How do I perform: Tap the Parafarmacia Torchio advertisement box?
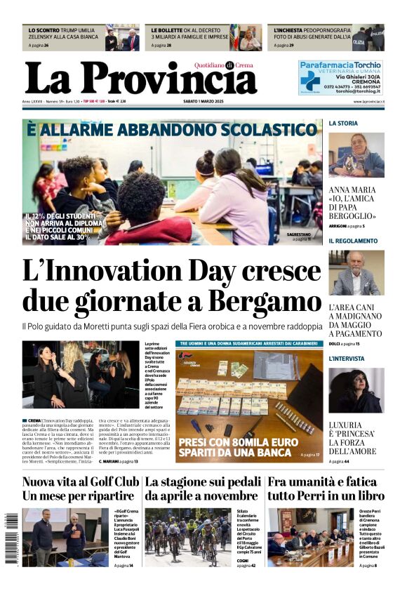tap(340, 78)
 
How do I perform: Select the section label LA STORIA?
tap(343, 123)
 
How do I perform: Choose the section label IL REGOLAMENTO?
tap(353, 241)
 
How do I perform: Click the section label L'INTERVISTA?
tap(349, 359)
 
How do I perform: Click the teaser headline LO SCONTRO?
tap(44, 31)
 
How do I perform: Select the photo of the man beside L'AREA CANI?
tap(356, 272)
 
